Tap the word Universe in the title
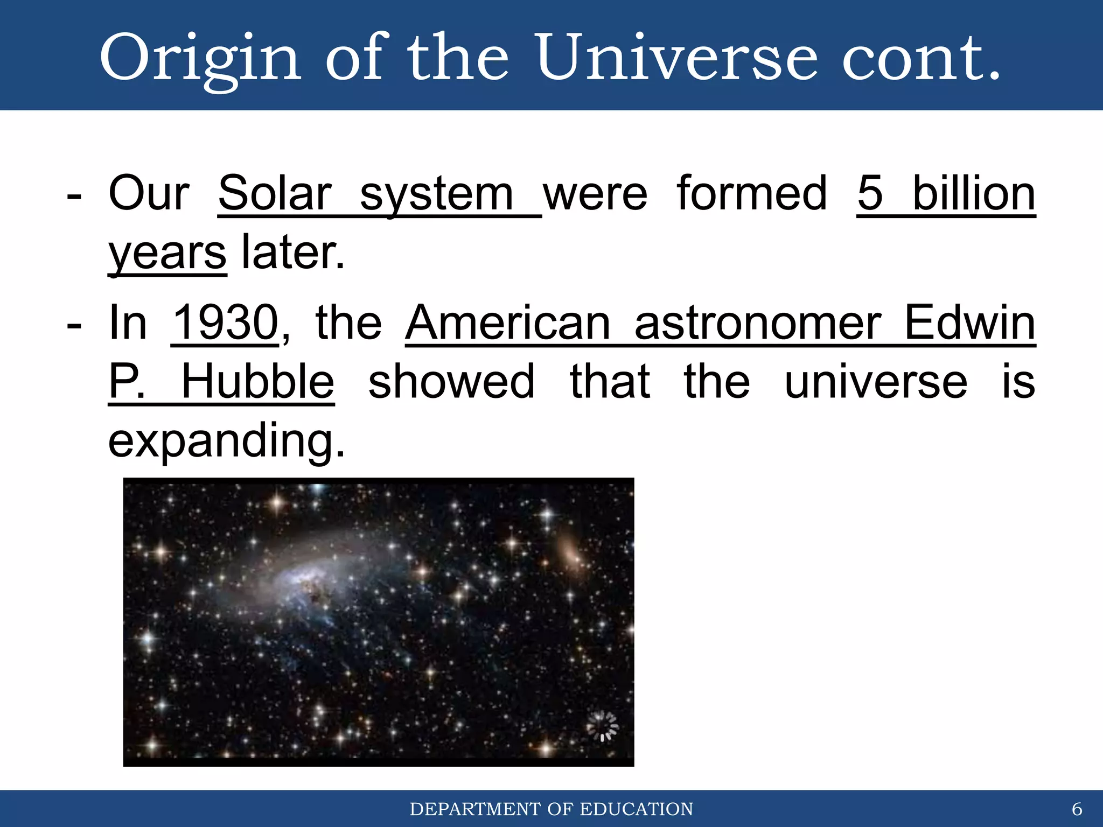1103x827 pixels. pyautogui.click(x=676, y=58)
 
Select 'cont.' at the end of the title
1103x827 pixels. pyautogui.click(x=921, y=58)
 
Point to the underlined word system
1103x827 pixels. pyautogui.click(x=436, y=195)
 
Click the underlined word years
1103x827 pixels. pyautogui.click(x=167, y=253)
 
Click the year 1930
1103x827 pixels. pyautogui.click(x=225, y=323)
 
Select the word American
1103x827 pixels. pyautogui.click(x=508, y=323)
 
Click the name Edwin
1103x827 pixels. pyautogui.click(x=969, y=323)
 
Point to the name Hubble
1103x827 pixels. pyautogui.click(x=257, y=382)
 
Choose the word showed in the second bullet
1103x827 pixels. pyautogui.click(x=451, y=382)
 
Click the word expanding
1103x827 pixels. pyautogui.click(x=226, y=441)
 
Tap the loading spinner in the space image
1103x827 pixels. pyautogui.click(x=602, y=726)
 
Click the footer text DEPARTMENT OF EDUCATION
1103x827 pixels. pyautogui.click(x=551, y=809)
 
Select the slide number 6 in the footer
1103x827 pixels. pyautogui.click(x=1077, y=809)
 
